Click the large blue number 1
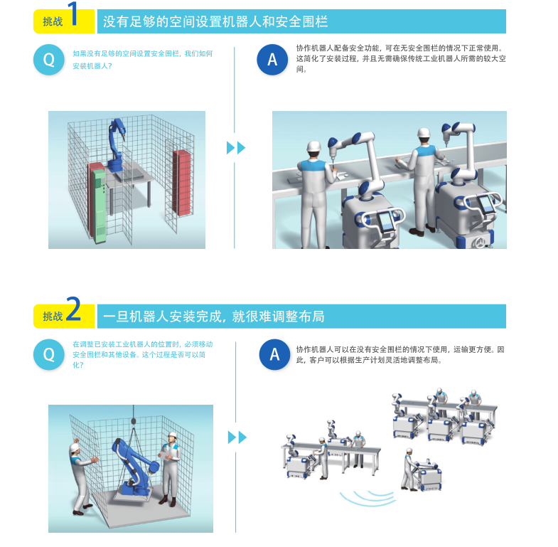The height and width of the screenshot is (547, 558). [x=73, y=14]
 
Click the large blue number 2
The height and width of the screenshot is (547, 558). [x=73, y=309]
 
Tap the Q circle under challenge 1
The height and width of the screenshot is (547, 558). [x=49, y=60]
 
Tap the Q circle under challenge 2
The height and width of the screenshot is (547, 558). [x=49, y=354]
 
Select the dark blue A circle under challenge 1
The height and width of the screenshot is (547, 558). [x=272, y=60]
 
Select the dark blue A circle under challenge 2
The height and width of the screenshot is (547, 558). [x=274, y=354]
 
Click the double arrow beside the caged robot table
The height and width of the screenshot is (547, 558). [x=236, y=148]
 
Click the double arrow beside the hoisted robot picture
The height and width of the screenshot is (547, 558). [x=237, y=437]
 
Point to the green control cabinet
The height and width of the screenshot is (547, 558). [x=99, y=206]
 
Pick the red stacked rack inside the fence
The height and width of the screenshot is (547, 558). [x=182, y=183]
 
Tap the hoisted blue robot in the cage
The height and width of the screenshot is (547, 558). [x=134, y=467]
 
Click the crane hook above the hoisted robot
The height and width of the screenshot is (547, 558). [x=134, y=420]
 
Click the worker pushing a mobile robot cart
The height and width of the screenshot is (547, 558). [x=409, y=469]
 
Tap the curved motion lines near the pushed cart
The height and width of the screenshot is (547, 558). [x=368, y=497]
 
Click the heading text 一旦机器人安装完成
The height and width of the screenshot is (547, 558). [x=163, y=317]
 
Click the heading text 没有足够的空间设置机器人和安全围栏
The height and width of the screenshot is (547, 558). [x=215, y=21]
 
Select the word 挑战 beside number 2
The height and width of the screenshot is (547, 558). [x=53, y=317]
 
